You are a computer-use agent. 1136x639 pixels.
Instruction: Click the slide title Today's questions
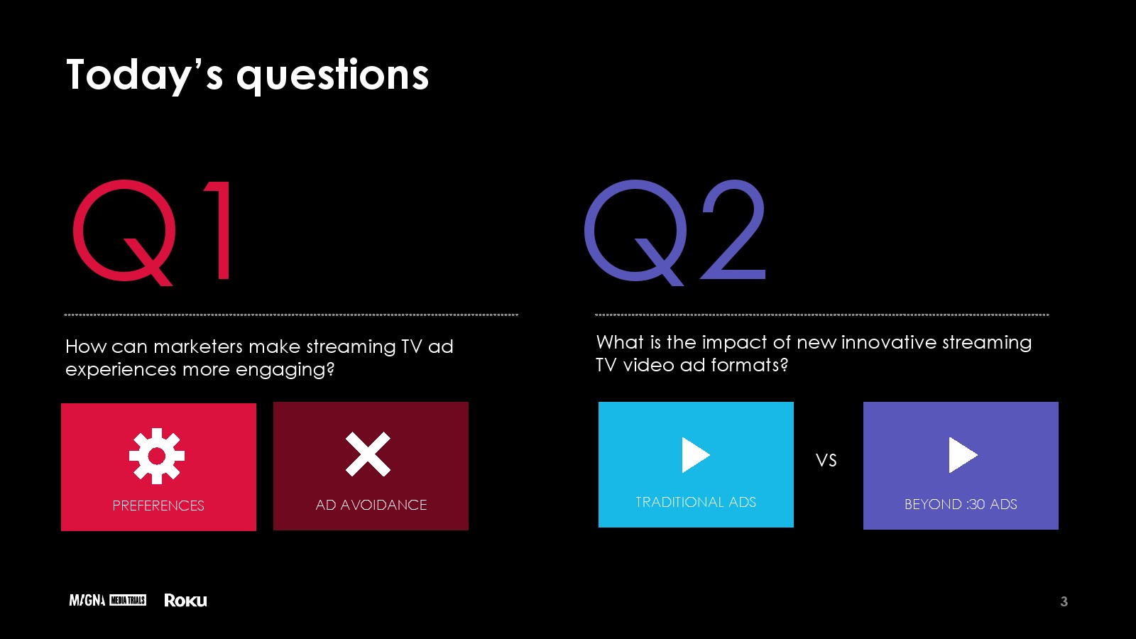coord(248,75)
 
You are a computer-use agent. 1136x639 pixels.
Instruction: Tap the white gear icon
coord(157,455)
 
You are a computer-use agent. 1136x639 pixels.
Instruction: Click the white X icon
coord(368,454)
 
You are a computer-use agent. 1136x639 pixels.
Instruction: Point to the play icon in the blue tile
coord(696,455)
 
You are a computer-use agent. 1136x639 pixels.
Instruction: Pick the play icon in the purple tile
coord(963,455)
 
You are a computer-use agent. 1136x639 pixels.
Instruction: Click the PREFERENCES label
coord(158,506)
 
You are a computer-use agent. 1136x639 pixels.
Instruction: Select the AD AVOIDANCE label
coord(371,505)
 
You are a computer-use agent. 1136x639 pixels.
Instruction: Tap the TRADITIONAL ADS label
coord(696,502)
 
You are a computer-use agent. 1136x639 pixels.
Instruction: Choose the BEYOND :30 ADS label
coord(961,504)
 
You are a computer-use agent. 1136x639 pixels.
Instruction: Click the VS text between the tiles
coord(826,460)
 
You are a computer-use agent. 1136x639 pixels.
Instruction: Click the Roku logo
coord(185,601)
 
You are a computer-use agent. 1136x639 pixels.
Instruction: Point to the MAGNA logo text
coord(87,601)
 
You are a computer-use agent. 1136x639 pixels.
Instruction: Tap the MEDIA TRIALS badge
coord(128,601)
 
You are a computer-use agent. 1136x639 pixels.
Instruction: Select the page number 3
coord(1064,601)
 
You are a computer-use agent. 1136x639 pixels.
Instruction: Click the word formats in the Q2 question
coord(746,365)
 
